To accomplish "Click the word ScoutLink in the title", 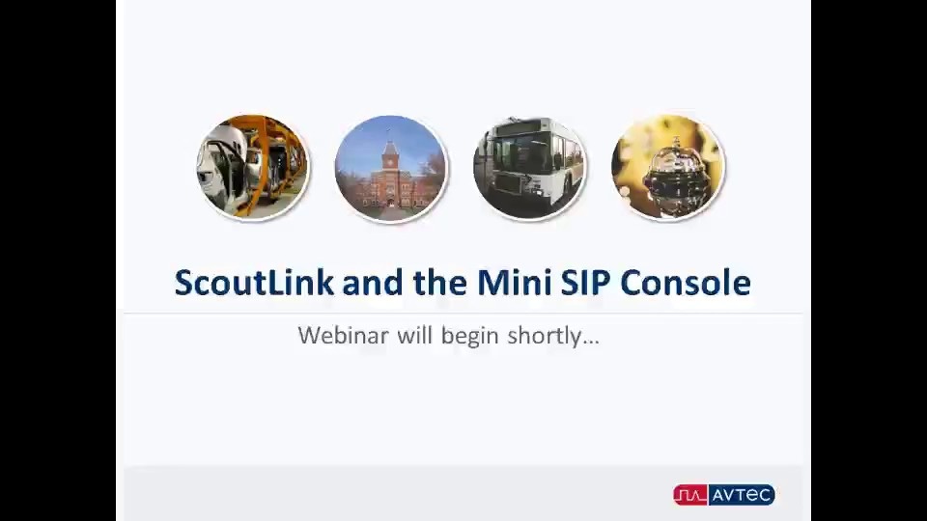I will pos(254,283).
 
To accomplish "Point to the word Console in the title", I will pos(686,283).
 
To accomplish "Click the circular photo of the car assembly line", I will pos(253,167).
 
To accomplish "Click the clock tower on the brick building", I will pos(390,152).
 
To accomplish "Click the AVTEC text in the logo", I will pos(742,495).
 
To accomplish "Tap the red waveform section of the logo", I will pos(690,495).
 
